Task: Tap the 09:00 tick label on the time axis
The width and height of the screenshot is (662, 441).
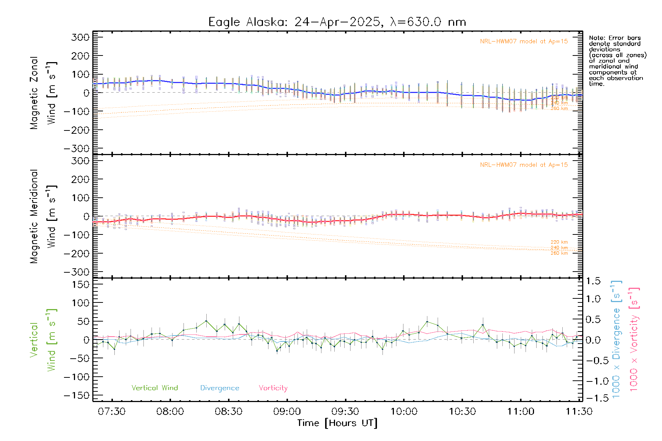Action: click(287, 412)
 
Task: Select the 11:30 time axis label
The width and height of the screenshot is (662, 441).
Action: click(579, 412)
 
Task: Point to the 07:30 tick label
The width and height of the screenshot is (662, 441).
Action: click(112, 412)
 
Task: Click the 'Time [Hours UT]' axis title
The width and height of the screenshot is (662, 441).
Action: click(337, 423)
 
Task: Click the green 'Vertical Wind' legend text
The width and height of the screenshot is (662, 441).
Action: click(154, 388)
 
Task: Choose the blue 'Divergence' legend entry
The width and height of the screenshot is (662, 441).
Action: click(220, 388)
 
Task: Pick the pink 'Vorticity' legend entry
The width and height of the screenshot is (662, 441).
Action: click(273, 388)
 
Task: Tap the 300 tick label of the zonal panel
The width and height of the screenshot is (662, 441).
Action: click(80, 37)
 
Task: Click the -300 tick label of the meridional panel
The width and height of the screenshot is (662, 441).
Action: click(76, 272)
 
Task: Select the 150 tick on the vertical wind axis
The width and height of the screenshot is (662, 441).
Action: click(80, 284)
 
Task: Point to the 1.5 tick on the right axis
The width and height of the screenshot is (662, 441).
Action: click(593, 281)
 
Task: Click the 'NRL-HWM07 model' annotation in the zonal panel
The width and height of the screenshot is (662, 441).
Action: click(524, 42)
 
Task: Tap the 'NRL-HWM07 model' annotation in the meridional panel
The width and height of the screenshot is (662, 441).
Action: click(524, 165)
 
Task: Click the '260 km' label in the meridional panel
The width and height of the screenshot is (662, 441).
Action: click(559, 253)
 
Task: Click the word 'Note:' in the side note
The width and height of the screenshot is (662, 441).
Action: click(597, 38)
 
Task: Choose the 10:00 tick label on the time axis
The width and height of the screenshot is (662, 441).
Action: click(404, 412)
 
